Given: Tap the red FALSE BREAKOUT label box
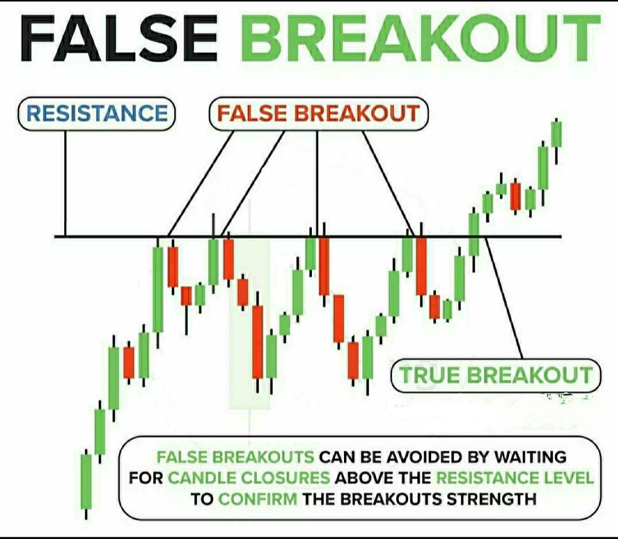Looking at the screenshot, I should point(318,113).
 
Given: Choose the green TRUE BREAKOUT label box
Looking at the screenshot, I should point(496,376).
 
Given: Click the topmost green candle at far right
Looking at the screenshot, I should point(556,134).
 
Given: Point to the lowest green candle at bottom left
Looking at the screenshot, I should point(86,481).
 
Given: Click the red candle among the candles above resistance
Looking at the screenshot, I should point(516,196).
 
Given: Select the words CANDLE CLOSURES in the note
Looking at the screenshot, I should point(249,478).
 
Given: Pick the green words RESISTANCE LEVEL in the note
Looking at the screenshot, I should point(514,478).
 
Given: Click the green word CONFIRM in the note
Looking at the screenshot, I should point(258,498).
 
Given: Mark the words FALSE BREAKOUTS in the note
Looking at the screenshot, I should point(235,457).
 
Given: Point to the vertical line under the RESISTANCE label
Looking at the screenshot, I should point(65,183).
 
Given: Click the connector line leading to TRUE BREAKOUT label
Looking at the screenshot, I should point(504,298).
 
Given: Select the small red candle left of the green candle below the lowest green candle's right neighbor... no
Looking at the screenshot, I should point(128,362).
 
